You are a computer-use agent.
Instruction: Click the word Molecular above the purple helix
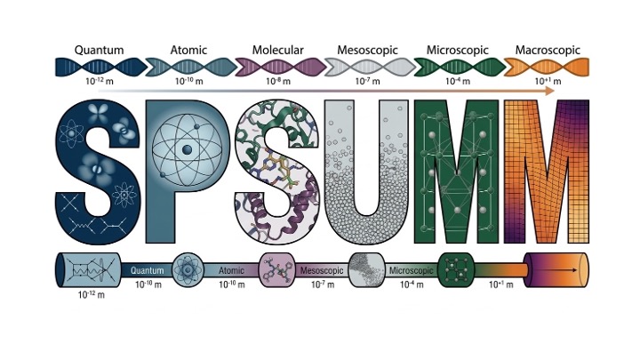(x=277, y=50)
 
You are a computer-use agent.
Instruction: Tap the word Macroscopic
(x=548, y=50)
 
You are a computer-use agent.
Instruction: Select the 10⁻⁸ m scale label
(x=278, y=81)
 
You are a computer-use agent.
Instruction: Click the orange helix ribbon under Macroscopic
(x=547, y=67)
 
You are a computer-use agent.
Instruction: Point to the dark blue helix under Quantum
(x=100, y=67)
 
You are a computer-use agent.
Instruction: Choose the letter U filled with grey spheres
(x=366, y=172)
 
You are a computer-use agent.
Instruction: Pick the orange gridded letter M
(x=547, y=172)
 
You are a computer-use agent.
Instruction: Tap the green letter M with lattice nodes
(x=456, y=172)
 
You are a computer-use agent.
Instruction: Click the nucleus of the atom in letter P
(x=187, y=149)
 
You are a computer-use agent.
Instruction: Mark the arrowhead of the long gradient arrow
(x=549, y=91)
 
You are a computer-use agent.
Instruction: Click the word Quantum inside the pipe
(x=147, y=270)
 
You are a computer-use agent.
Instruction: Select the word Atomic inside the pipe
(x=231, y=270)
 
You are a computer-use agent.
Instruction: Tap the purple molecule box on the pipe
(x=277, y=270)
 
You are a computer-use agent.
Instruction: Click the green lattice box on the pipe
(x=456, y=270)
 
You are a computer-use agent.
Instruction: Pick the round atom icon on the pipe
(x=188, y=270)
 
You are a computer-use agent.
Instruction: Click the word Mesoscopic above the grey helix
(x=367, y=50)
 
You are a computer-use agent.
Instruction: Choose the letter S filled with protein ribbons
(x=276, y=172)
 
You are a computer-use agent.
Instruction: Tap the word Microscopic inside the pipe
(x=411, y=270)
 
